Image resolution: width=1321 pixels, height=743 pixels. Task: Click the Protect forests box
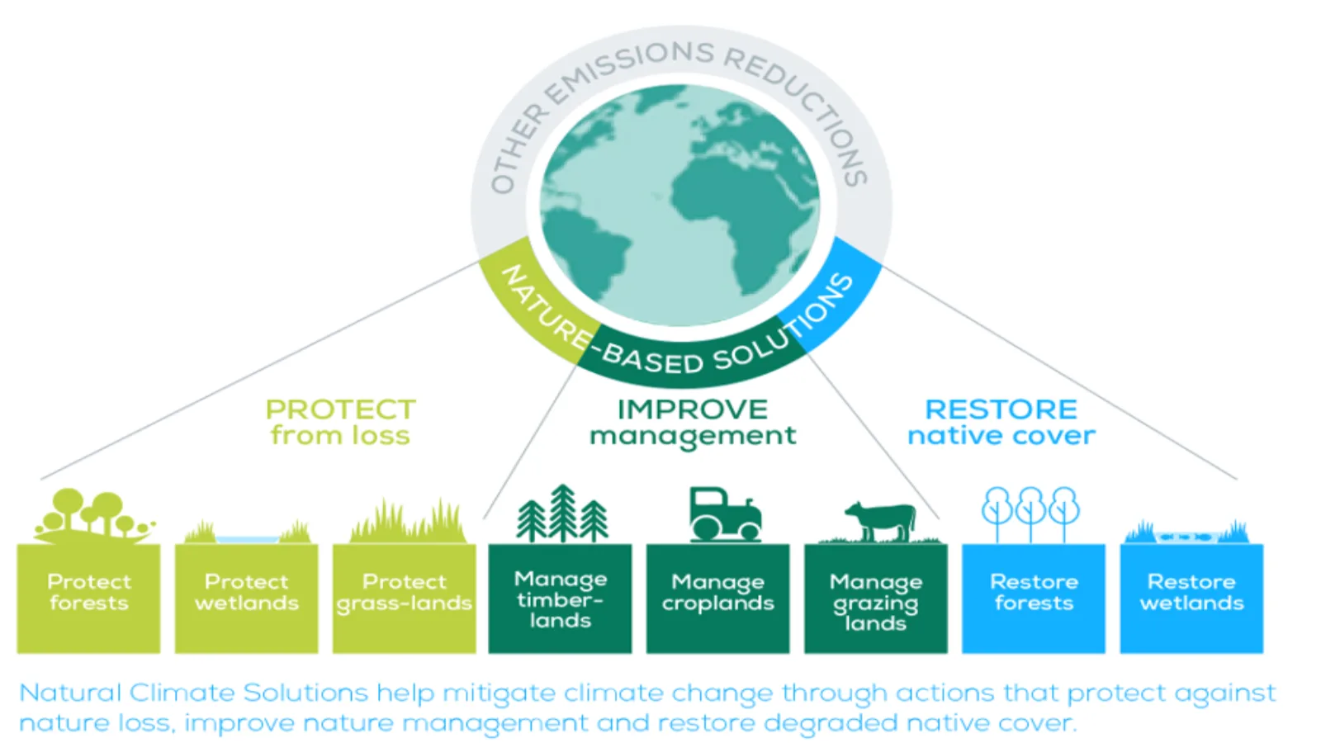88,598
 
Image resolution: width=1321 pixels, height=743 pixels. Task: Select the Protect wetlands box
247,598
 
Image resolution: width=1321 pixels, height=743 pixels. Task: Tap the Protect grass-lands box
405,598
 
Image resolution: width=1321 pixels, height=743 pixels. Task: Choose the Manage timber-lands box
561,598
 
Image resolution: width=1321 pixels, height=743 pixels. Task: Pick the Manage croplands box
717,598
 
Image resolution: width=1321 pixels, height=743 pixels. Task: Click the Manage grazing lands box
876,598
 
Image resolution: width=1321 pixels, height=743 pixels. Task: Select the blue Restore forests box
1034,598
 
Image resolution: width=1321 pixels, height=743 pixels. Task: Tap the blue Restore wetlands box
1192,598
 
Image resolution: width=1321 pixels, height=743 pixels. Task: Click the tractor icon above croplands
726,514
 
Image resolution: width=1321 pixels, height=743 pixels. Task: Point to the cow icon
880,521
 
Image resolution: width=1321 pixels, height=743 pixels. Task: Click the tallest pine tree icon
563,513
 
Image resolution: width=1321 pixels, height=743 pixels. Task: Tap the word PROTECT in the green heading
341,409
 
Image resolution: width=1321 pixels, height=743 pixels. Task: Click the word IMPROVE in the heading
693,409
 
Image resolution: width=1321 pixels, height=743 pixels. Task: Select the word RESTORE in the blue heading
1001,409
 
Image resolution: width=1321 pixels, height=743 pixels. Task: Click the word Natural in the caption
71,693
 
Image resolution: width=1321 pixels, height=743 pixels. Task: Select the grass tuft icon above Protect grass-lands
408,521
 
